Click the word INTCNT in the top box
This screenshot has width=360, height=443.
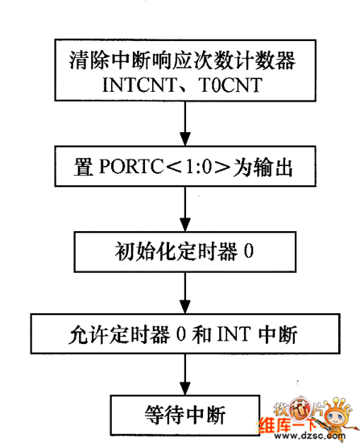coord(139,85)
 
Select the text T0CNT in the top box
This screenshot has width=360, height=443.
coord(230,85)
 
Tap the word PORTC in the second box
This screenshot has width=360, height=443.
coord(131,166)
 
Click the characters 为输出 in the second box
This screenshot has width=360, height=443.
coord(263,167)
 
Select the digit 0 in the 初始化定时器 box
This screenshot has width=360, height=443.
coord(249,250)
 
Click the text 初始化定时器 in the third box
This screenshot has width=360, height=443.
coord(176,251)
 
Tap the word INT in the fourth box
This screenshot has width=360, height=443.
coord(234,334)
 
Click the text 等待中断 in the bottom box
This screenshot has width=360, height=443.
coord(185,416)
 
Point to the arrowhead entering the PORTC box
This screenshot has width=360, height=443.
coord(185,139)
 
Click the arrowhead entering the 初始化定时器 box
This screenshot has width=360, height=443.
coord(185,225)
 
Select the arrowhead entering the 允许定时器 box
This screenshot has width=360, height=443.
coord(185,307)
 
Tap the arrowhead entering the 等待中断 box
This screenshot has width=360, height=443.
coord(185,388)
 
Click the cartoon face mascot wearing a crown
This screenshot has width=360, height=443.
coord(337,414)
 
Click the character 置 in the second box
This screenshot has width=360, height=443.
coord(84,167)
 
